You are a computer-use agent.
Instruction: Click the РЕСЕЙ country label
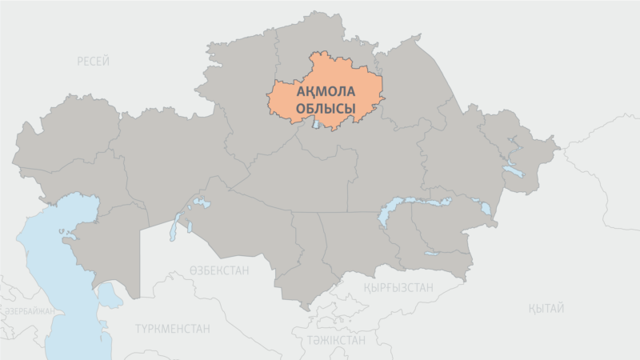tap(94, 62)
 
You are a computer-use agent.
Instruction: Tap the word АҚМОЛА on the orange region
tap(326, 92)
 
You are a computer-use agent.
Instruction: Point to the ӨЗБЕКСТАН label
tap(218, 270)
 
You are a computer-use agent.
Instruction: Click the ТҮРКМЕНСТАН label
tap(173, 328)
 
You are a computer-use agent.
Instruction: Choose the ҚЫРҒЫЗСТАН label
tap(398, 286)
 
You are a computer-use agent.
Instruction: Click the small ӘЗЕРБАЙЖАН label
tap(29, 311)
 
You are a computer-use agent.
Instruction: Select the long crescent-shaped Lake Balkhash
tap(416, 205)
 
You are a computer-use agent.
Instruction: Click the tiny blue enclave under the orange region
tap(316, 124)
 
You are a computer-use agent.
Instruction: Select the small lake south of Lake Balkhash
tap(432, 254)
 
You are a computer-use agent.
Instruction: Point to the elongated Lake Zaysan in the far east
tap(510, 170)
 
